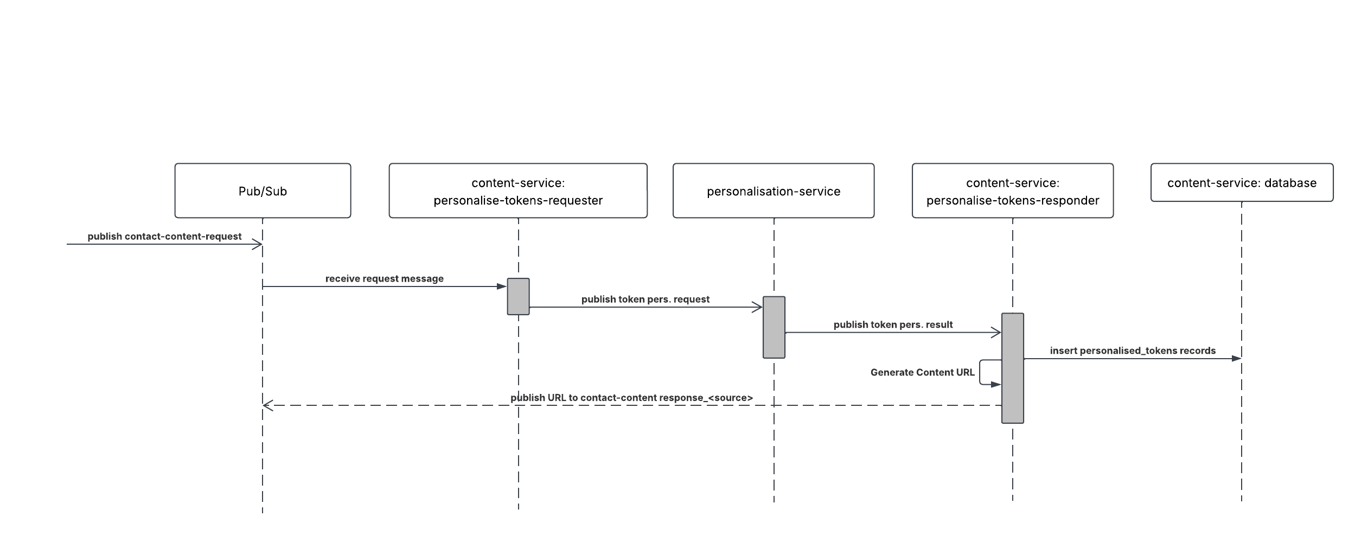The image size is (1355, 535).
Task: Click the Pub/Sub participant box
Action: [263, 191]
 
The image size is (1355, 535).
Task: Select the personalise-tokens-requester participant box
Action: [518, 191]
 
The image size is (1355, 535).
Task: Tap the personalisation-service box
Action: [774, 191]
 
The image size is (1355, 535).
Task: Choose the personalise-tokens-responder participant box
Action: [1013, 191]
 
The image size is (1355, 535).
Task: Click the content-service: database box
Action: [1242, 183]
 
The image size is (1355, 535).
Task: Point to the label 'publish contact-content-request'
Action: [164, 237]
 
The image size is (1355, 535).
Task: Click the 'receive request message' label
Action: [384, 279]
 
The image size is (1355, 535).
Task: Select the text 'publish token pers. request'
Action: [645, 300]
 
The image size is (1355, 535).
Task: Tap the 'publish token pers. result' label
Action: [893, 325]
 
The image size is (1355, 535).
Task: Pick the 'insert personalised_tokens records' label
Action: [1133, 351]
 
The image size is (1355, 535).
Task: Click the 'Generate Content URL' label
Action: [922, 372]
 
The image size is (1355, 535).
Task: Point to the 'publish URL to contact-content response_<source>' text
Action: [631, 398]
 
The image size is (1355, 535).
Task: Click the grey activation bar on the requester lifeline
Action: [518, 296]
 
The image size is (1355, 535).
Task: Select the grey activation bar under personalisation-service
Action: [774, 327]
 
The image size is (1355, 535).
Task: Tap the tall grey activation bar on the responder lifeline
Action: [1012, 368]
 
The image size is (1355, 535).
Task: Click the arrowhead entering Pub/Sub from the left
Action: [258, 244]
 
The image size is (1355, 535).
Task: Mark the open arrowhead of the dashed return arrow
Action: [267, 405]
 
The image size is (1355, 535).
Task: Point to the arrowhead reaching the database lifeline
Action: [1236, 359]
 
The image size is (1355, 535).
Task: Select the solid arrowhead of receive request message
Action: [501, 286]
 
